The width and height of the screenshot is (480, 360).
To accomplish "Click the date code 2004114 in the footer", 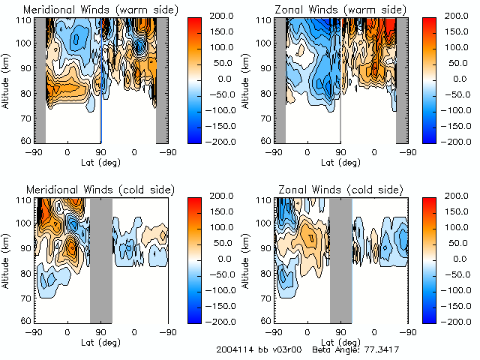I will click(x=235, y=349).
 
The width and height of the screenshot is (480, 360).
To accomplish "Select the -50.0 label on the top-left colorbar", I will click(x=222, y=94).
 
